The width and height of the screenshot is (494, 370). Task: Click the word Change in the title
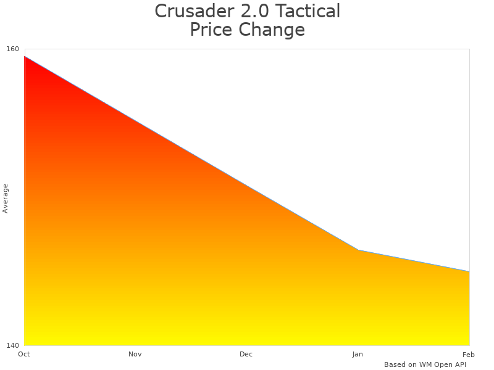click(272, 30)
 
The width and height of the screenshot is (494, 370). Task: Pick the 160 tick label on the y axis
click(13, 49)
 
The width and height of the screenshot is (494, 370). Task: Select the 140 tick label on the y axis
click(13, 345)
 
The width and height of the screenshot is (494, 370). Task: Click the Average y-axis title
click(6, 198)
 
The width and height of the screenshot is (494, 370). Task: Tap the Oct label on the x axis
click(24, 354)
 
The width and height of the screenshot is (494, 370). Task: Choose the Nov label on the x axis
click(135, 354)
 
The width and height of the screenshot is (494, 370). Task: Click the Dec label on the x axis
click(246, 354)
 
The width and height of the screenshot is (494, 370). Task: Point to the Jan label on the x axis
click(358, 354)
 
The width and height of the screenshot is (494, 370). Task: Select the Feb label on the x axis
click(469, 354)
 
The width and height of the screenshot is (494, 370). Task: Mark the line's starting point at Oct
click(25, 56)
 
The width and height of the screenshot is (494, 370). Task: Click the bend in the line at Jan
click(358, 250)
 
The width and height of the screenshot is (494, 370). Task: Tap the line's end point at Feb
click(469, 271)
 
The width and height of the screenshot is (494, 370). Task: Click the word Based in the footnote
click(395, 364)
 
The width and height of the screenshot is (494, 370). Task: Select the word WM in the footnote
click(425, 364)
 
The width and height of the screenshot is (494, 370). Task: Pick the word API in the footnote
click(460, 364)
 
